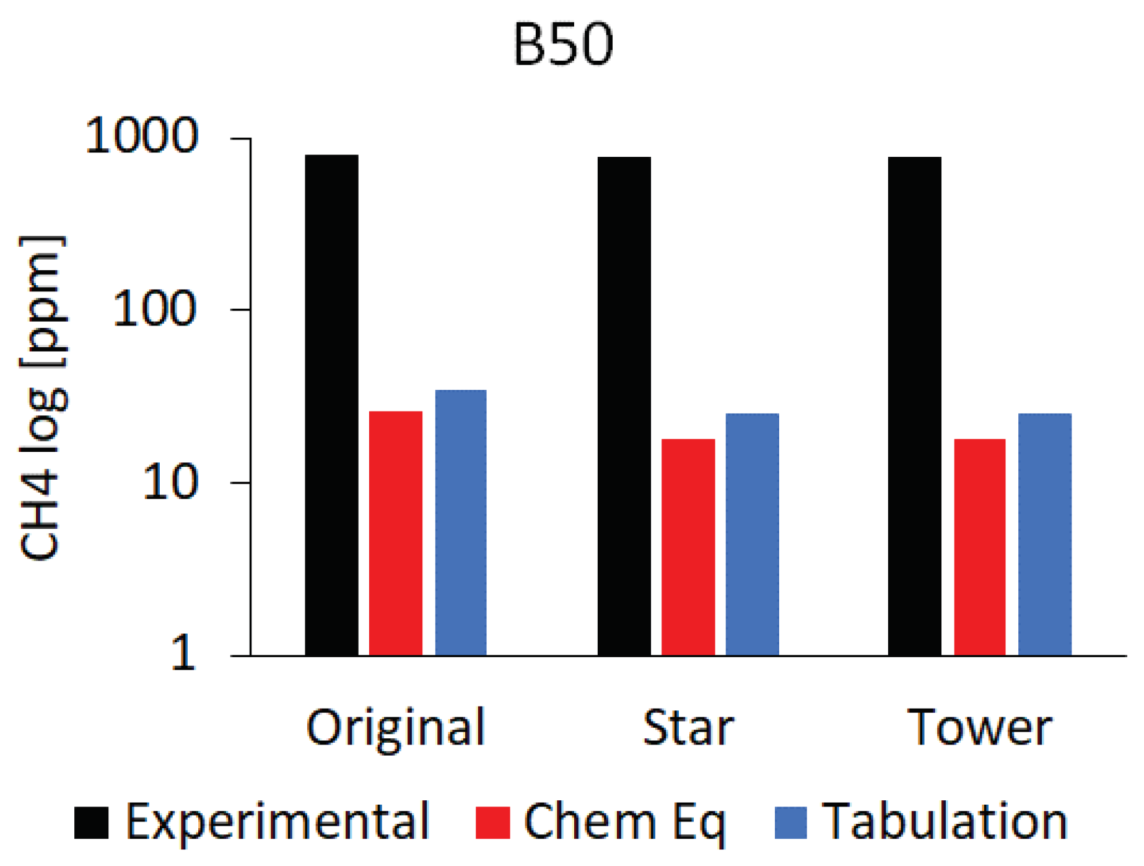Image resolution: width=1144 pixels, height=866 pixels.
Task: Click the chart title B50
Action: click(x=563, y=45)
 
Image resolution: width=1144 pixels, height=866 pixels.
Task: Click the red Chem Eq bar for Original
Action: click(x=395, y=533)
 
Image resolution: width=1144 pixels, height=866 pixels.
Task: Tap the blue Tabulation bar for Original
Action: click(x=460, y=523)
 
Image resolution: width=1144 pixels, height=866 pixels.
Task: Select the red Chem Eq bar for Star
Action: click(x=688, y=547)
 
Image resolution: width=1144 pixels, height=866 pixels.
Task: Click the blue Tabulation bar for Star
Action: click(x=752, y=534)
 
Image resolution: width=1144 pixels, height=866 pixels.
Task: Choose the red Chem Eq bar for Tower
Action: click(x=979, y=547)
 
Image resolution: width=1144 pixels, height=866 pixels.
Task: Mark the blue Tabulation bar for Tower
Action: click(x=1044, y=534)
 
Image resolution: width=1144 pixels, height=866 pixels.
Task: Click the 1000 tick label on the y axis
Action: click(x=141, y=136)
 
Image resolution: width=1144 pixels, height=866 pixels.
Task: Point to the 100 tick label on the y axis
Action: click(x=154, y=309)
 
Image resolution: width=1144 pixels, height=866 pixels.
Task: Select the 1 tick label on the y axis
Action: click(x=183, y=653)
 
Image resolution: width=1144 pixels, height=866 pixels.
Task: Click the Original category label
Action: click(x=395, y=727)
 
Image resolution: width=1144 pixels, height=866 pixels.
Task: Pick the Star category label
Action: click(x=688, y=727)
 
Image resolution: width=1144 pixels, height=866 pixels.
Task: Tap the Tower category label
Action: click(x=979, y=727)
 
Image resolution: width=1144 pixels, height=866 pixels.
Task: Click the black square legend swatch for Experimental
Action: click(x=91, y=822)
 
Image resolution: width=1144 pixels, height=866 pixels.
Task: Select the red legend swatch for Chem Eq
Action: click(x=492, y=822)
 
